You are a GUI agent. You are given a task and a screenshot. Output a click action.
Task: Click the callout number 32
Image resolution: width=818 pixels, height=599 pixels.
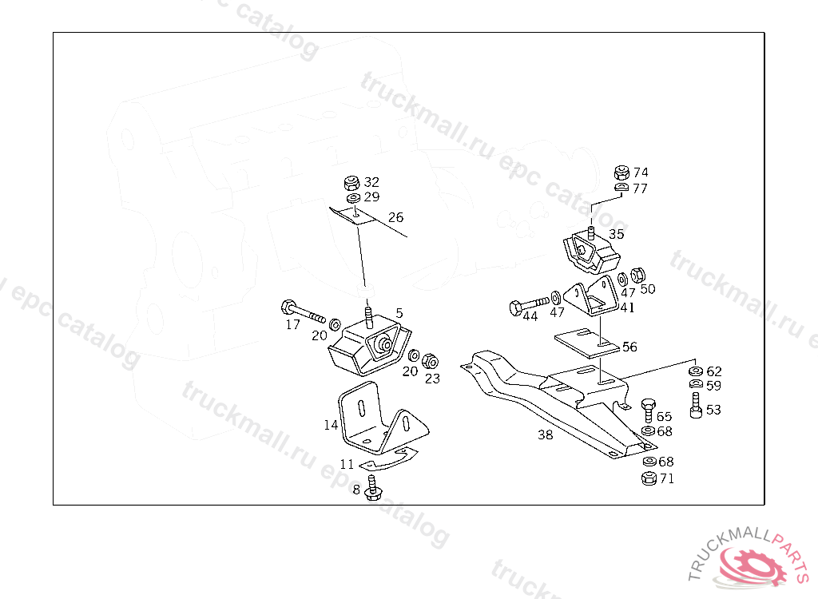coord(372,182)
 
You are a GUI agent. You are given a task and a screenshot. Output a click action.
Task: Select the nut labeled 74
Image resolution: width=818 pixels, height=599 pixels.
coord(621,173)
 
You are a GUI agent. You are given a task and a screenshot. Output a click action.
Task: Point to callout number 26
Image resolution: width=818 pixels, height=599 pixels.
coord(396,217)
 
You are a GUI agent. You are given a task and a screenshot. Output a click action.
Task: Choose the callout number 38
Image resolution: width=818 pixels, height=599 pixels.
coord(545,435)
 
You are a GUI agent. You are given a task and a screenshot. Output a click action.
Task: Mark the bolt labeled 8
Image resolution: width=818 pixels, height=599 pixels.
coord(372,489)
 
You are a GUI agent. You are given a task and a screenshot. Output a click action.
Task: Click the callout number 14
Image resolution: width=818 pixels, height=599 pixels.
coord(331,425)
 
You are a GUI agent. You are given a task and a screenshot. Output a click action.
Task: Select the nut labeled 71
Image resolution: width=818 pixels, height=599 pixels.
coord(649,479)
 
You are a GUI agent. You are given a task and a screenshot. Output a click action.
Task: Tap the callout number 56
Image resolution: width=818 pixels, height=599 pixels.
coord(629,347)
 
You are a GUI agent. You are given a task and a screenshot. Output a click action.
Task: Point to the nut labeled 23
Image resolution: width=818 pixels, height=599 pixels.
coord(429,359)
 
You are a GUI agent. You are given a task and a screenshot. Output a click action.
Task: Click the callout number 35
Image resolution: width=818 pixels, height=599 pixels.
coord(617,234)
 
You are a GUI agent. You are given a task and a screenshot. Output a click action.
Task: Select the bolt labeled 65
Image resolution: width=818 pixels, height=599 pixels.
coord(648,410)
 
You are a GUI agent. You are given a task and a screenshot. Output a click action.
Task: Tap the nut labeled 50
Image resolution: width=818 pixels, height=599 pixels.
coord(638,275)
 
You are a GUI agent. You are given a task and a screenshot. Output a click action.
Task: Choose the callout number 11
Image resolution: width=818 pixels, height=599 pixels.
coord(347,464)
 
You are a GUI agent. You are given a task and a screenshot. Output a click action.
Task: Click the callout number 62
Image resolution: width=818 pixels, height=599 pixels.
coord(713,371)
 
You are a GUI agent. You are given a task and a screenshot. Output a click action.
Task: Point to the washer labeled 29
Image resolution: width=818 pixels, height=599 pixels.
coord(352,196)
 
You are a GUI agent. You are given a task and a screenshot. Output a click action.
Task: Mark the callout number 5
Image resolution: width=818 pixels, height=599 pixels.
coord(399,313)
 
